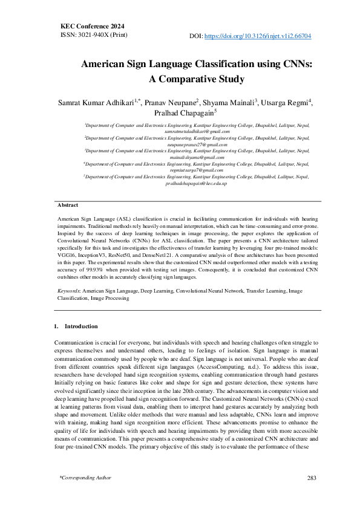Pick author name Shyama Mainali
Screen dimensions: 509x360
(230, 102)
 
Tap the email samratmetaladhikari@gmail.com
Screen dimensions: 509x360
(197, 131)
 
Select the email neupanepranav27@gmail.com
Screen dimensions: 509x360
(197, 144)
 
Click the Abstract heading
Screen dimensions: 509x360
(68, 206)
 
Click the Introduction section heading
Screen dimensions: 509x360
(80, 326)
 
